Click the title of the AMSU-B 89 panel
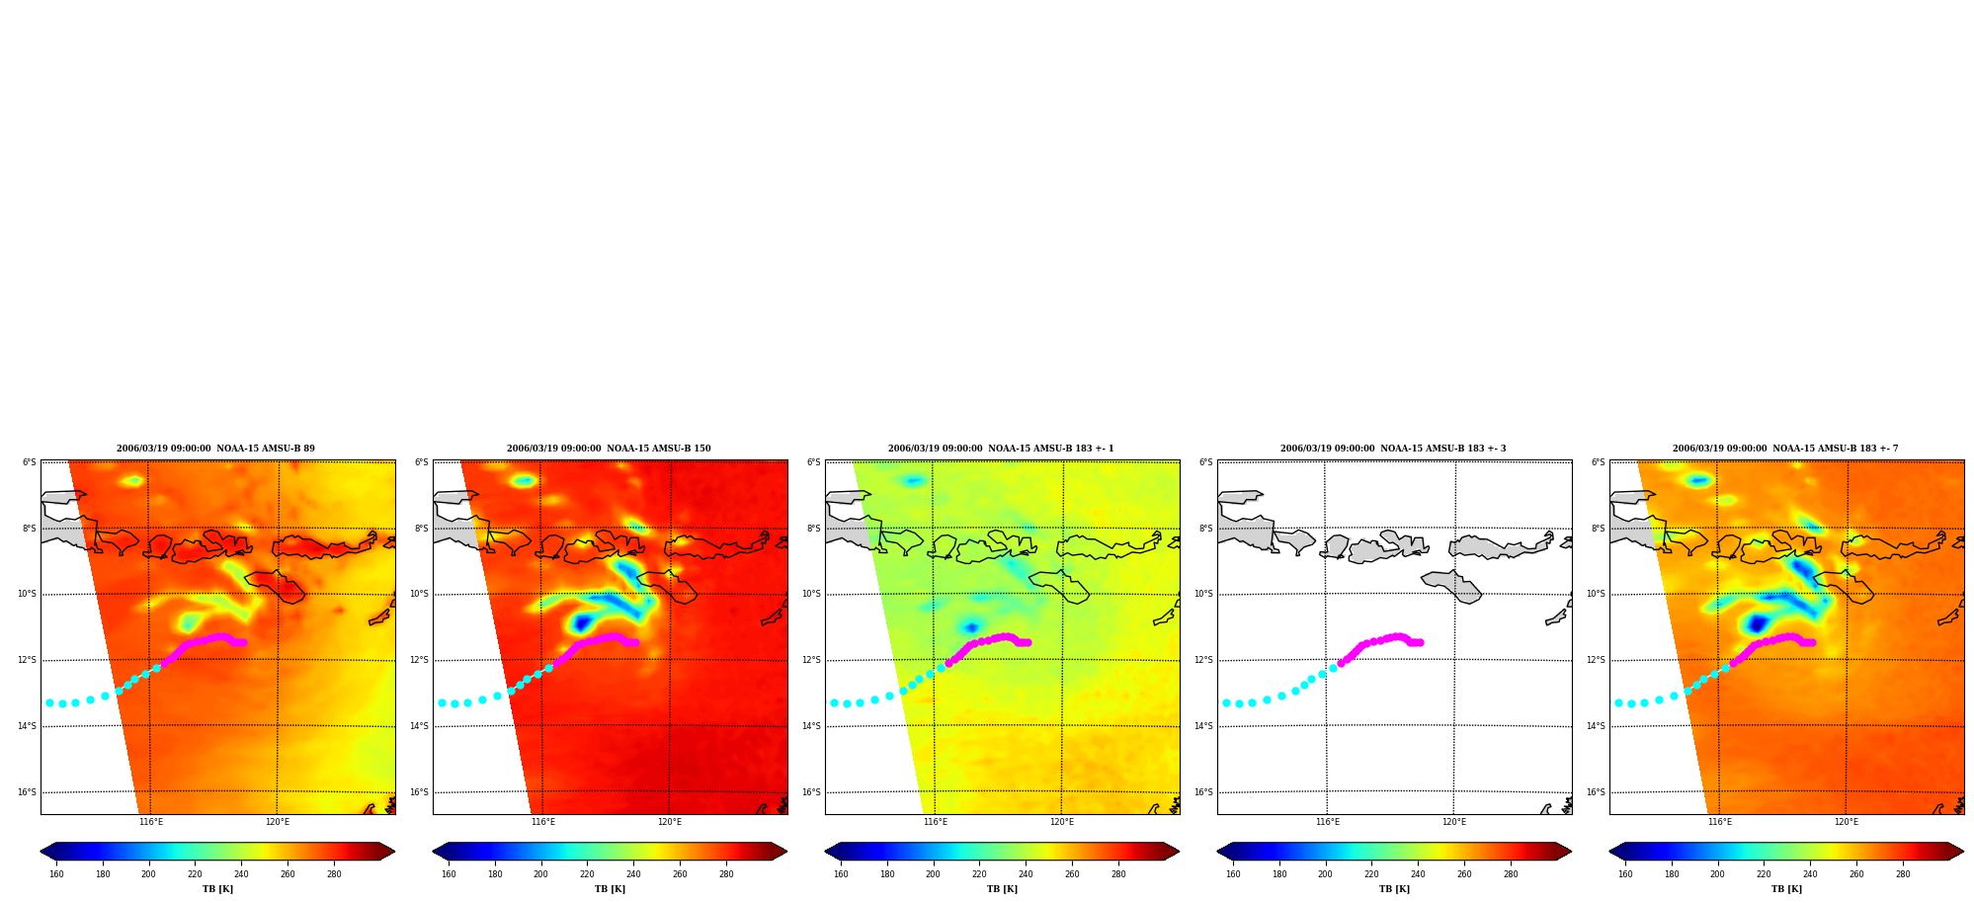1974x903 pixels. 215,449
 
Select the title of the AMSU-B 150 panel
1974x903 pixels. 609,449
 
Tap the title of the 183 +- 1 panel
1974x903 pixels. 1001,449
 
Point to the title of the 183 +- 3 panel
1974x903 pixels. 1393,449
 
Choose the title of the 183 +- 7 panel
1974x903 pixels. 1785,449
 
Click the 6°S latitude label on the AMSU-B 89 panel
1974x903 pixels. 30,462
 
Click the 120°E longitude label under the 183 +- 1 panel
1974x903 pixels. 1062,822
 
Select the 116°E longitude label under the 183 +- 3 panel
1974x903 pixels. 1328,822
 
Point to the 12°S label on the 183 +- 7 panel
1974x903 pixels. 1596,660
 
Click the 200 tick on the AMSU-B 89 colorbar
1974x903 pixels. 148,874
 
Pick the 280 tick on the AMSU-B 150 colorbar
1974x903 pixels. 726,874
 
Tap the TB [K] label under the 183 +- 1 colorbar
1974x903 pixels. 1002,889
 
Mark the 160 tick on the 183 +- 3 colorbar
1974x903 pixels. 1233,874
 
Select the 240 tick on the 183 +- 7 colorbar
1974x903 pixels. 1810,874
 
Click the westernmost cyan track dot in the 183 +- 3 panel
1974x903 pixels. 1226,702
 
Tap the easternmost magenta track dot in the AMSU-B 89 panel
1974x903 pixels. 243,642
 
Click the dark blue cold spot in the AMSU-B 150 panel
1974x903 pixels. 581,621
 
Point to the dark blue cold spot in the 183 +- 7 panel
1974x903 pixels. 1757,622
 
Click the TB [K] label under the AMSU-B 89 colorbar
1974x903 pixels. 217,889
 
